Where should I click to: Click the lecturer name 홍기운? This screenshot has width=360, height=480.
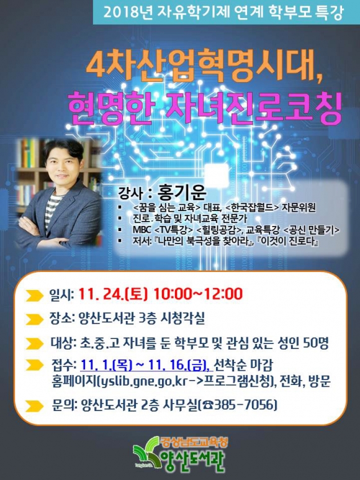pyautogui.click(x=182, y=192)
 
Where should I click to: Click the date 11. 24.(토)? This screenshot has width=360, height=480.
pyautogui.click(x=113, y=294)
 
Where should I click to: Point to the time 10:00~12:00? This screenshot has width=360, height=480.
pyautogui.click(x=198, y=294)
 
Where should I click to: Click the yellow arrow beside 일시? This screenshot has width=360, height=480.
pyautogui.click(x=34, y=296)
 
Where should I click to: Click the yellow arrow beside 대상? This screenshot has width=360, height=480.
pyautogui.click(x=34, y=344)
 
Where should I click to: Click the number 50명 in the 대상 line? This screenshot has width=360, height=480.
pyautogui.click(x=316, y=343)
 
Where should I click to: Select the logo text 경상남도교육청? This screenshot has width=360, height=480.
pyautogui.click(x=194, y=442)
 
